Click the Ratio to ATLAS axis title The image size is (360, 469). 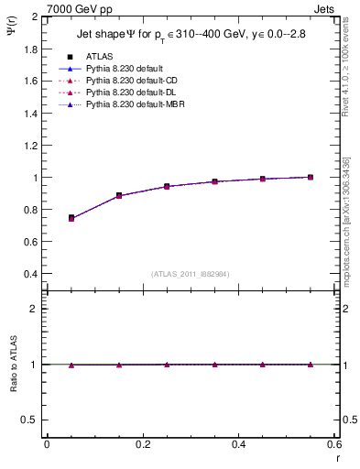(x=12, y=365)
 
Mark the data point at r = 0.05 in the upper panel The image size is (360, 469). (x=71, y=218)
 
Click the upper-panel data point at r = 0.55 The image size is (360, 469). (x=311, y=177)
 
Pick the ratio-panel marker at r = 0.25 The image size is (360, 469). (x=167, y=365)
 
